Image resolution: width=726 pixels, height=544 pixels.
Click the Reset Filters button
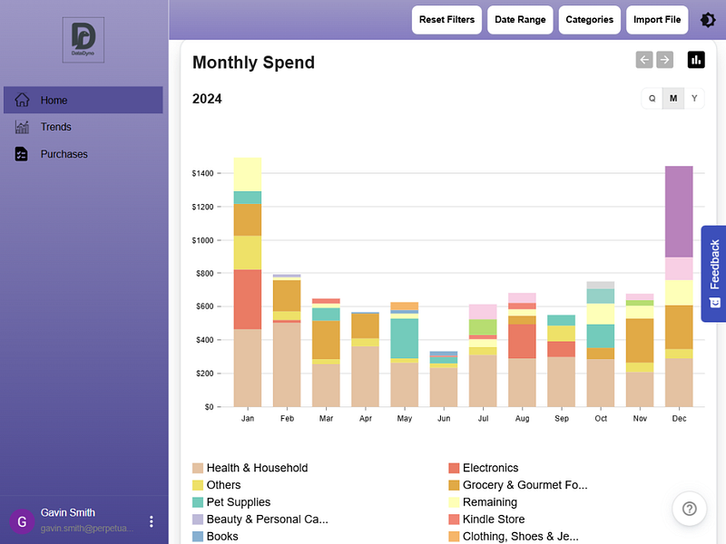446,20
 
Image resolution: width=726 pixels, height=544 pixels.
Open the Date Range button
520,20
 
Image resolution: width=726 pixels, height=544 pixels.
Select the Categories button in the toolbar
589,20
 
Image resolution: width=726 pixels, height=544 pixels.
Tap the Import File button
657,20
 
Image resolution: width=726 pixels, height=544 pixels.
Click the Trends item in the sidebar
55,127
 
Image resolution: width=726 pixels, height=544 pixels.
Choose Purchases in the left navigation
64,154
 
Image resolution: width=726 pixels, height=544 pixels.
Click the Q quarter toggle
652,99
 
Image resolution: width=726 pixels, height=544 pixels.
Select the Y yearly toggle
694,99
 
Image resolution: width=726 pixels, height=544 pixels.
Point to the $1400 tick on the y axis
202,173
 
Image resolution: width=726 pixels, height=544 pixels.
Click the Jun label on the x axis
444,419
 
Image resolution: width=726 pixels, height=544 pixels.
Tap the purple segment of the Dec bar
679,211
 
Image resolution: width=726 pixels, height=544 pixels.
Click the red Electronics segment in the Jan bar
248,299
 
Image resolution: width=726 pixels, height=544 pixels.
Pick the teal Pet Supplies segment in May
405,337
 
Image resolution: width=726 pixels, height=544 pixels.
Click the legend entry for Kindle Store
493,520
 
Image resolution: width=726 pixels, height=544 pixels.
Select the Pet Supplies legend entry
238,502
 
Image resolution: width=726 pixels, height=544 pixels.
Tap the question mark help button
689,509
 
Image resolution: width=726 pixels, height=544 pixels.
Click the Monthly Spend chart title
253,63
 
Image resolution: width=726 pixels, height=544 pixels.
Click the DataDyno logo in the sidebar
83,40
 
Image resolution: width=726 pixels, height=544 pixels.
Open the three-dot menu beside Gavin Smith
152,521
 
